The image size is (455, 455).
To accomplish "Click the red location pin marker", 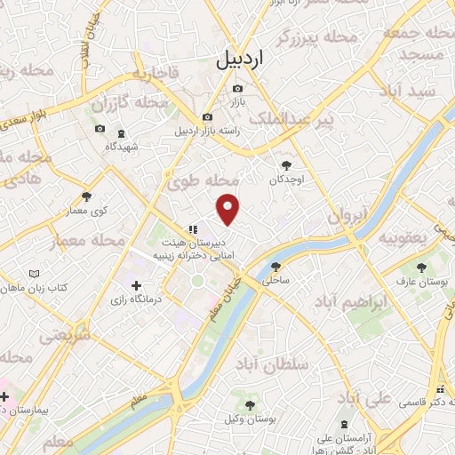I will click(228, 208).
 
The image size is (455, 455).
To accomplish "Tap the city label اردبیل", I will click(240, 60).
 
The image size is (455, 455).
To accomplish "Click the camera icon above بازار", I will click(237, 89).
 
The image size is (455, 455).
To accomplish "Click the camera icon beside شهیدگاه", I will click(100, 130).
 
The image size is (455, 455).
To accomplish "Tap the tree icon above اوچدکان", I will click(286, 165).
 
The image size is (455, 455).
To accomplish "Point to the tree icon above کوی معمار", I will click(86, 197).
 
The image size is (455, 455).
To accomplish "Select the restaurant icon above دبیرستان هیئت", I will click(193, 229).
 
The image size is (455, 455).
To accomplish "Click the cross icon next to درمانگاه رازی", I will click(135, 286).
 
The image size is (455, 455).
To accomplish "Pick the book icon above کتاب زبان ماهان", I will click(35, 275).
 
